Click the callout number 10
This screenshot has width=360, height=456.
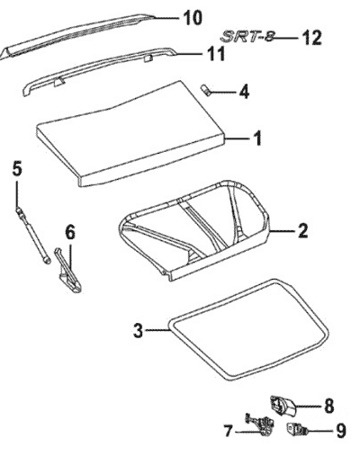point(193,18)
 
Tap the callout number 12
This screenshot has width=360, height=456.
point(311,38)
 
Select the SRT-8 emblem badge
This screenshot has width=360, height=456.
point(247,37)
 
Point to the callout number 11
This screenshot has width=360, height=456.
point(216,54)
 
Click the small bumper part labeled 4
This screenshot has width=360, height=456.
point(205,90)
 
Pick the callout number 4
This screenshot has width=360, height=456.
point(244,92)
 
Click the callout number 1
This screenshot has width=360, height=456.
point(256,139)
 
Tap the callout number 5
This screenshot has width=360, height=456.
point(17,169)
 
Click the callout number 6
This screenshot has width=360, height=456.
point(69,233)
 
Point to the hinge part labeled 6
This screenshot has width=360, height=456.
point(68,270)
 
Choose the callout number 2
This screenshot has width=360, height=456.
point(302,231)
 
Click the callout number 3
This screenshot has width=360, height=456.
point(138,331)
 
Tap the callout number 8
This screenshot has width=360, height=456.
point(328,406)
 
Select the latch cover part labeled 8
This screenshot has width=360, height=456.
point(283,406)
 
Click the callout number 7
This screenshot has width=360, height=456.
point(229,432)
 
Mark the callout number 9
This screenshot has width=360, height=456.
point(340,431)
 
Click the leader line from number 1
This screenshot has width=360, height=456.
point(238,139)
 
